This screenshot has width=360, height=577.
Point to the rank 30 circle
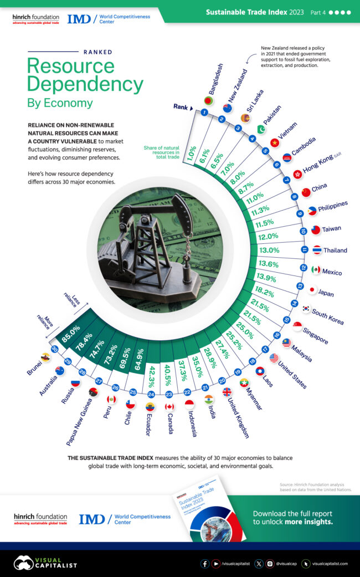(x=54, y=349)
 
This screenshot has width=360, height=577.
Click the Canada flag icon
(x=169, y=406)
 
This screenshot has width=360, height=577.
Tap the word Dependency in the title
(x=85, y=84)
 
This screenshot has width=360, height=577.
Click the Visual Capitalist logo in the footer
(x=45, y=563)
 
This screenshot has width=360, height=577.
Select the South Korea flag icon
(x=306, y=308)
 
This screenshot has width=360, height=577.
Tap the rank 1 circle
(x=204, y=113)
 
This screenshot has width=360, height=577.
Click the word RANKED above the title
(x=97, y=52)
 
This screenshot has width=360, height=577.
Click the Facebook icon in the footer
(x=205, y=563)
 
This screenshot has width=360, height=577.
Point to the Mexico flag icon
(x=316, y=269)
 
